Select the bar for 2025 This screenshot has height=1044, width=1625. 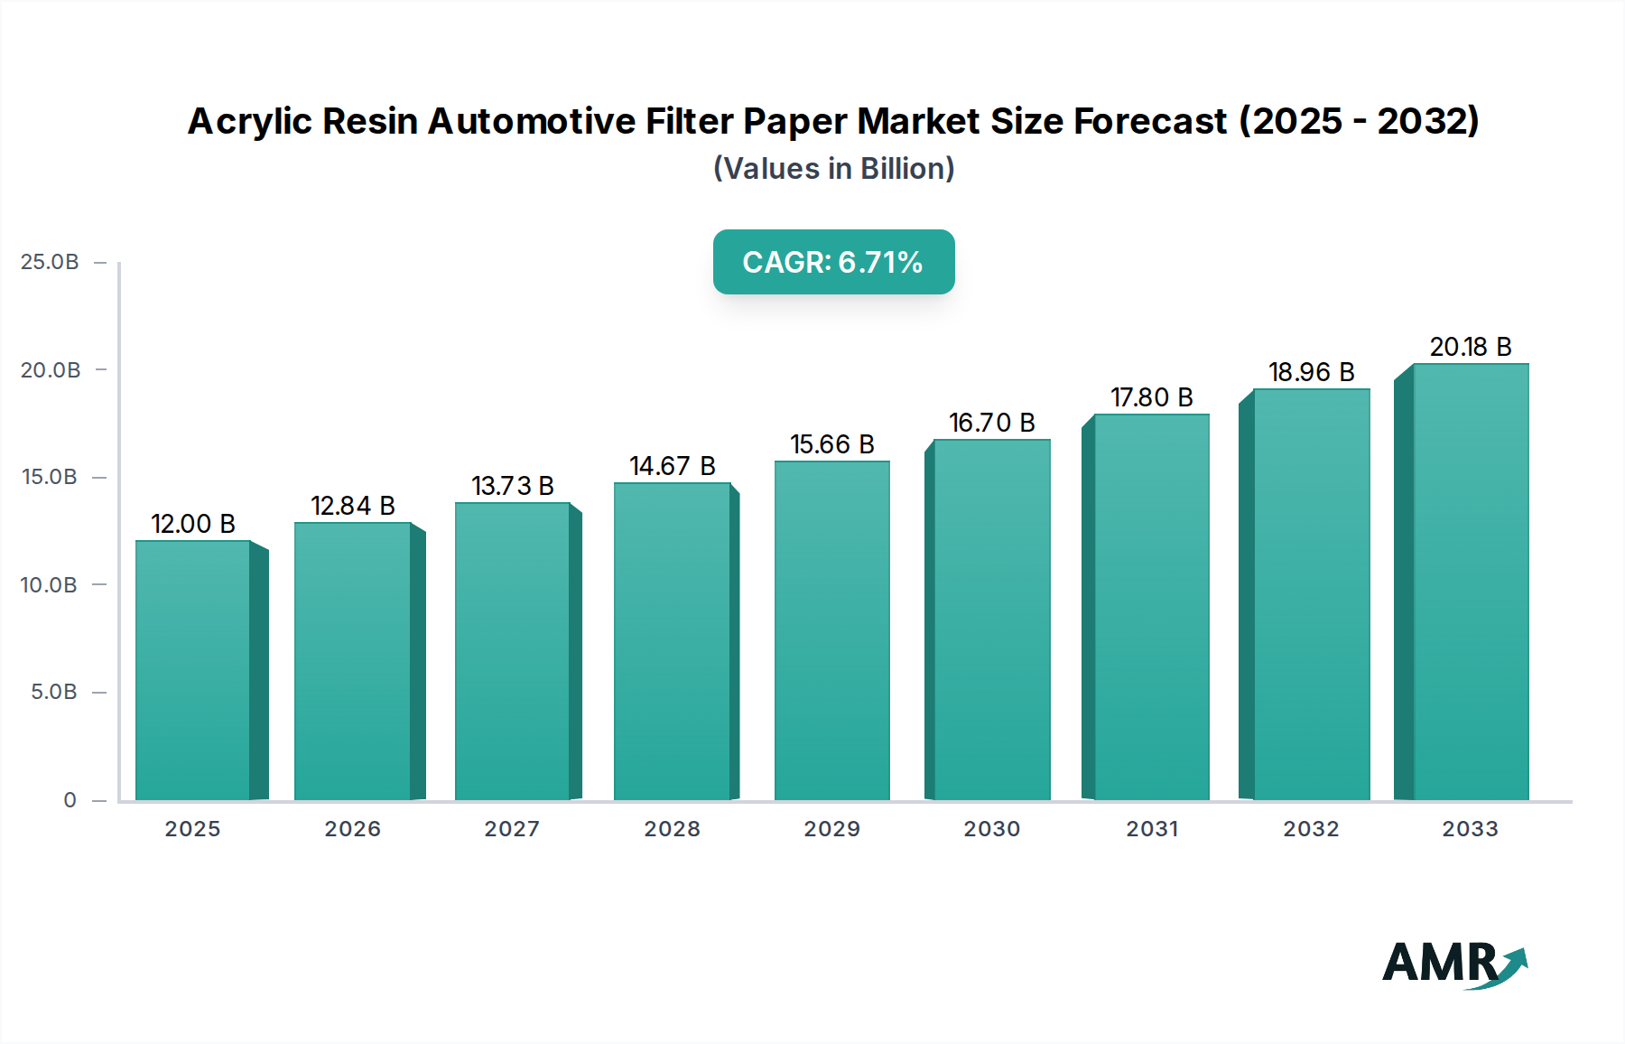coord(192,670)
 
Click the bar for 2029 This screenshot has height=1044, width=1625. coord(831,630)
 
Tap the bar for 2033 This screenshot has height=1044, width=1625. coord(1471,582)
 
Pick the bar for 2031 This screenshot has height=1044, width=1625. coord(1151,607)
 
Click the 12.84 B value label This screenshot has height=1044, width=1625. coord(353,506)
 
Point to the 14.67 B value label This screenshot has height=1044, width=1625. coord(673,466)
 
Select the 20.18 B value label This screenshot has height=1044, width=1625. coord(1471,347)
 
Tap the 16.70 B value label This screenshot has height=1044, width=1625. coord(991,423)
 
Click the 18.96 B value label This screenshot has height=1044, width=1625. coord(1311,372)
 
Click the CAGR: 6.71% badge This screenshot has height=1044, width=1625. coord(833,262)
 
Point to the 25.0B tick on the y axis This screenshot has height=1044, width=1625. coord(50,262)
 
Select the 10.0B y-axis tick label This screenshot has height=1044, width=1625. coord(49,585)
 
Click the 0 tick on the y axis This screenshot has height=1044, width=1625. coord(70,800)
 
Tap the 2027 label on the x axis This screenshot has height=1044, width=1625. coord(512,829)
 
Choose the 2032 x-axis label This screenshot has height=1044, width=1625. coord(1311,829)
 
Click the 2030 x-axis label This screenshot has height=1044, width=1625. coord(991,829)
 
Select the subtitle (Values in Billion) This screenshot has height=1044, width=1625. coord(833,169)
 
